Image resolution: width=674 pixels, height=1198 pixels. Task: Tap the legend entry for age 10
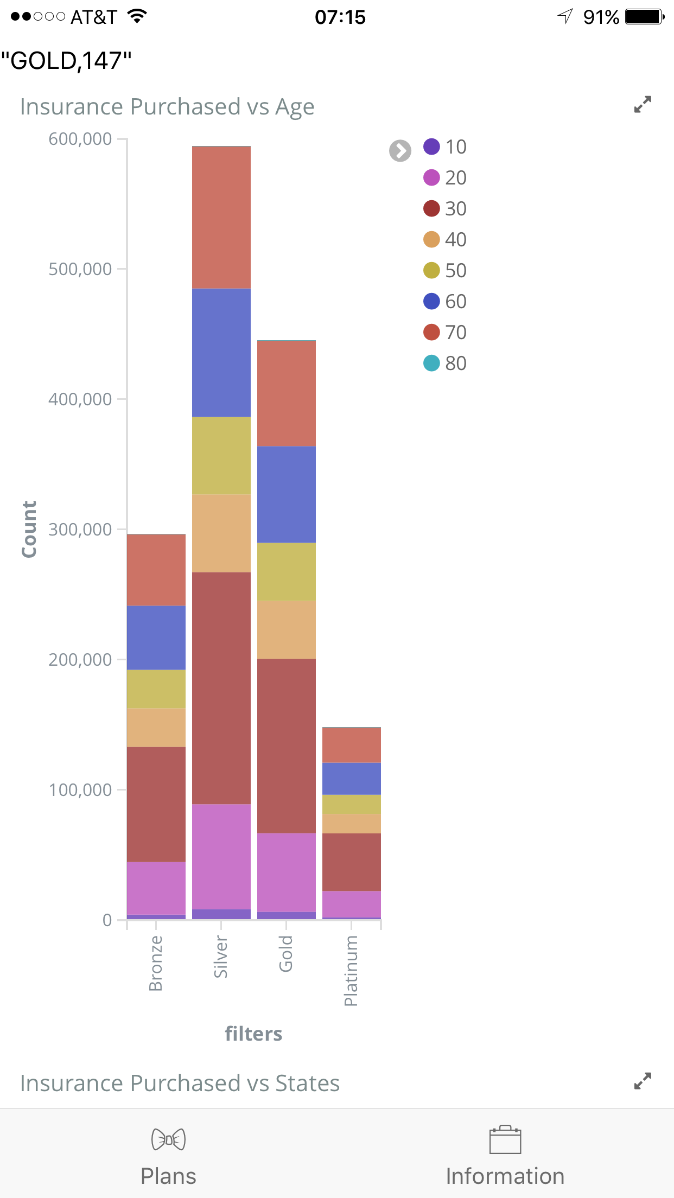pyautogui.click(x=445, y=146)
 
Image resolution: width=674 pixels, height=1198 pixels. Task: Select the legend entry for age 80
pyautogui.click(x=445, y=363)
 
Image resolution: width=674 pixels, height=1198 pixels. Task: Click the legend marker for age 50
pyautogui.click(x=431, y=270)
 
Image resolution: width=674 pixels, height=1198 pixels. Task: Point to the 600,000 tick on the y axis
pyautogui.click(x=80, y=139)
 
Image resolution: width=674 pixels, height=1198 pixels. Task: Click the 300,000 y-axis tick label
pyautogui.click(x=80, y=529)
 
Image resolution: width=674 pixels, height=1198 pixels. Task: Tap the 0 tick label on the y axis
pyautogui.click(x=107, y=920)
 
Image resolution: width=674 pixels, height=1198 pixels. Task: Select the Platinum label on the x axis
pyautogui.click(x=351, y=970)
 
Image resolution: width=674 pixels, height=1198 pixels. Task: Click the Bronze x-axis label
pyautogui.click(x=156, y=963)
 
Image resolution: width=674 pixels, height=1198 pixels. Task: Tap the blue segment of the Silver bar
pyautogui.click(x=221, y=352)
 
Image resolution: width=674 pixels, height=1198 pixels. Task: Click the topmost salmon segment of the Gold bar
pyautogui.click(x=287, y=393)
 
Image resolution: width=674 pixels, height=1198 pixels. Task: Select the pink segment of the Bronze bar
pyautogui.click(x=156, y=888)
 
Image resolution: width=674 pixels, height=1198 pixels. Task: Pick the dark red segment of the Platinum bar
pyautogui.click(x=352, y=862)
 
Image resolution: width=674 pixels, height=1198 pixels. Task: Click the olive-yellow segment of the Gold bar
pyautogui.click(x=287, y=571)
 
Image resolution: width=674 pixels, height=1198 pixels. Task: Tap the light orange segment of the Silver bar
pyautogui.click(x=221, y=533)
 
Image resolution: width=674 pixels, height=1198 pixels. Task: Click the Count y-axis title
pyautogui.click(x=29, y=529)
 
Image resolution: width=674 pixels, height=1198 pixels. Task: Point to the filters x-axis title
pyautogui.click(x=253, y=1034)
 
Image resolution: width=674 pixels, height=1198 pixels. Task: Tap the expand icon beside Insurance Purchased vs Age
pyautogui.click(x=643, y=104)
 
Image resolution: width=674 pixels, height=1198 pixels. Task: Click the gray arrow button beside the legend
pyautogui.click(x=400, y=151)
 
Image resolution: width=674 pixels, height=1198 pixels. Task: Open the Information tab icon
pyautogui.click(x=505, y=1139)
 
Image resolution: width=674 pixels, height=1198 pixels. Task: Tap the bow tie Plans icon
pyautogui.click(x=168, y=1139)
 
